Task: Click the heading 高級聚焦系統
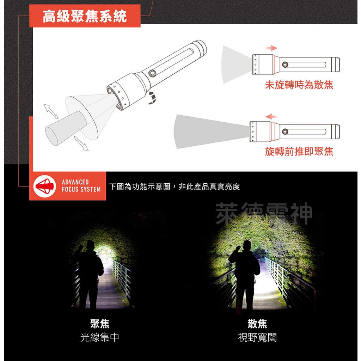coord(85,16)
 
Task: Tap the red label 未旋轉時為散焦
coord(299,85)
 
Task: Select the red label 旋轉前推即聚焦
coord(299,152)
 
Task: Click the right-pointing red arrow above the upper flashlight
coord(271,48)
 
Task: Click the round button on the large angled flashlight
coord(152,73)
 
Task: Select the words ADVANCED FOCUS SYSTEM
coord(81,186)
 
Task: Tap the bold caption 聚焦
coord(100,324)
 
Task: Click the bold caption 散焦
coord(257,324)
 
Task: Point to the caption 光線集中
coord(100,337)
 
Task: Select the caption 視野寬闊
coord(257,337)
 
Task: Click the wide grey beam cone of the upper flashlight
coord(235,65)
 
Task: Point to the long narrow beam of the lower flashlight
coord(208,130)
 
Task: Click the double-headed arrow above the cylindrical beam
coord(51,111)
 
